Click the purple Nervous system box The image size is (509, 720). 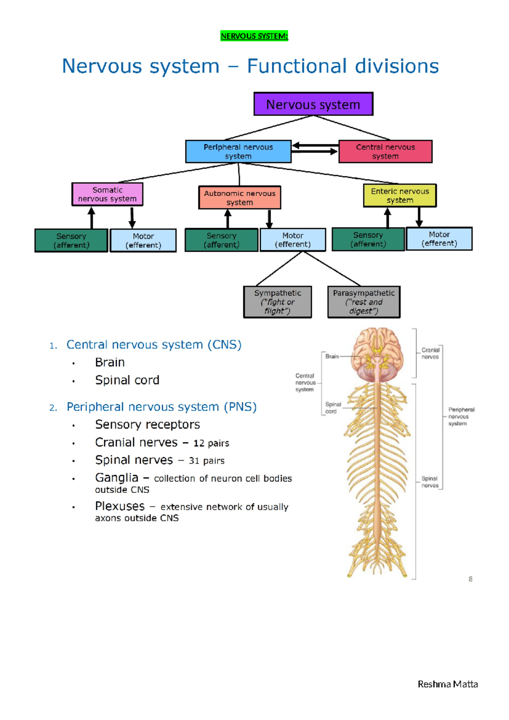pyautogui.click(x=313, y=104)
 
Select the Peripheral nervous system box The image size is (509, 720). pyautogui.click(x=238, y=152)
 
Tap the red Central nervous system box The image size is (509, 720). pyautogui.click(x=385, y=152)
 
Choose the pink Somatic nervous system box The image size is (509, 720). pyautogui.click(x=107, y=194)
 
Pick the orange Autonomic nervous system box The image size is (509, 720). pyautogui.click(x=240, y=197)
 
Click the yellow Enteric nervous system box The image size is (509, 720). pyautogui.click(x=400, y=195)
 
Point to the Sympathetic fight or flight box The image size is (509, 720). pyautogui.click(x=277, y=302)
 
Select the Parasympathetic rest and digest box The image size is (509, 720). pyautogui.click(x=364, y=302)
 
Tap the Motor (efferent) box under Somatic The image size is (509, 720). pyautogui.click(x=143, y=241)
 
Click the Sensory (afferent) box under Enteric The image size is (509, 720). pyautogui.click(x=368, y=239)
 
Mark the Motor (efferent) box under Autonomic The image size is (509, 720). pyautogui.click(x=293, y=240)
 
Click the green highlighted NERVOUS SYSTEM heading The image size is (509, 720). pyautogui.click(x=254, y=36)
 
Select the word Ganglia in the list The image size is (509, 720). pyautogui.click(x=117, y=478)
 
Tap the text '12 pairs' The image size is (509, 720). pyautogui.click(x=211, y=443)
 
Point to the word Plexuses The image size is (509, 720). pyautogui.click(x=120, y=506)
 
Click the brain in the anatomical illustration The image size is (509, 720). pyautogui.click(x=378, y=350)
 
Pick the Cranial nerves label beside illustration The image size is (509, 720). pyautogui.click(x=430, y=353)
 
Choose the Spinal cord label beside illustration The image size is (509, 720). pyautogui.click(x=333, y=408)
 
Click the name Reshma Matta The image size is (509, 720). pyautogui.click(x=447, y=684)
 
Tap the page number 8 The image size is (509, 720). pyautogui.click(x=470, y=579)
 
